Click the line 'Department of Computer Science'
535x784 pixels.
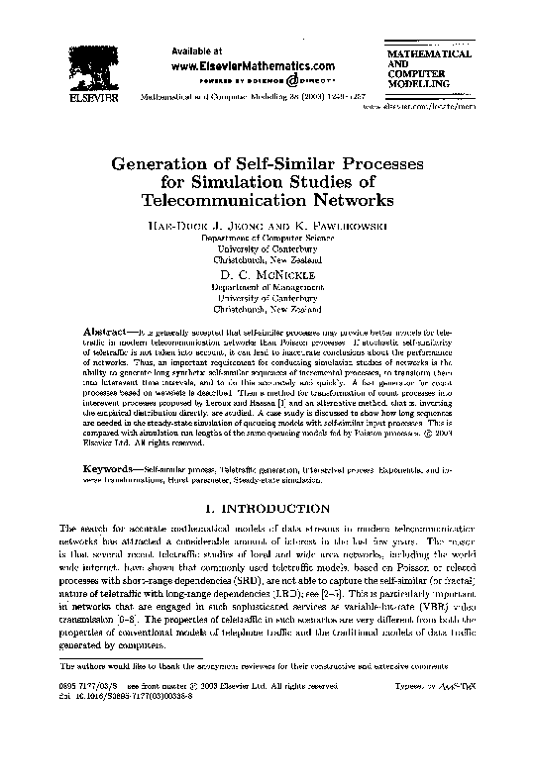tap(267, 239)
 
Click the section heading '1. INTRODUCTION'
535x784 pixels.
tap(267, 509)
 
